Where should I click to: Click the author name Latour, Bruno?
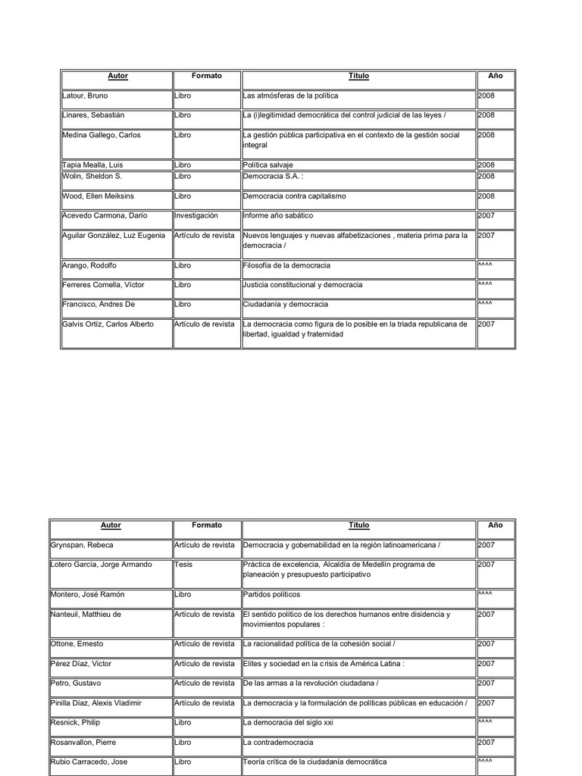(84, 96)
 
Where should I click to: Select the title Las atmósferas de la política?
(290, 96)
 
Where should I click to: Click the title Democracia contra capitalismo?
(294, 196)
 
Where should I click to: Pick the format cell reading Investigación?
(196, 215)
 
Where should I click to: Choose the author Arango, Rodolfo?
(89, 265)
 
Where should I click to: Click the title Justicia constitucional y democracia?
(302, 285)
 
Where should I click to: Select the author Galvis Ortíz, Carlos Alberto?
(108, 324)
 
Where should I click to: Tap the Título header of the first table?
(358, 77)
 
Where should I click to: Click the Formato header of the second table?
(207, 525)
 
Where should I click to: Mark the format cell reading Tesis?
(183, 565)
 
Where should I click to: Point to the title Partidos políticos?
(271, 595)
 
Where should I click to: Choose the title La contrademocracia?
(278, 743)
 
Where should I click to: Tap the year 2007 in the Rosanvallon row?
(486, 743)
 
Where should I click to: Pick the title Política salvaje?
(268, 164)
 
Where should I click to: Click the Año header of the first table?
(496, 77)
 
